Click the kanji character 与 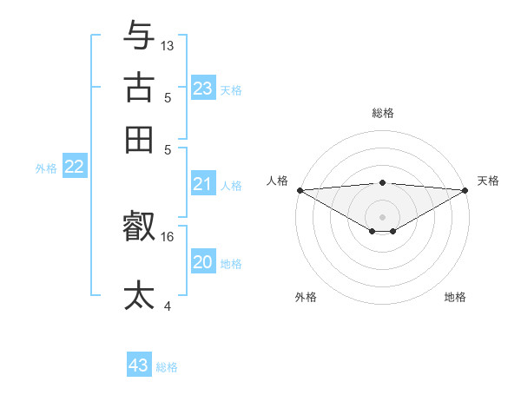pyautogui.click(x=139, y=35)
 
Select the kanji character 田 pyautogui.click(x=139, y=139)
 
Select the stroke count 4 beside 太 pyautogui.click(x=168, y=306)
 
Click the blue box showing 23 pyautogui.click(x=202, y=89)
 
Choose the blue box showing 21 pyautogui.click(x=202, y=184)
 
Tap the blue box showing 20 pyautogui.click(x=202, y=262)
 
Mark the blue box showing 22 pyautogui.click(x=74, y=168)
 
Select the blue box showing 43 pyautogui.click(x=139, y=365)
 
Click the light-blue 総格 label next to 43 pyautogui.click(x=167, y=367)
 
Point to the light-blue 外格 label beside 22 pyautogui.click(x=46, y=168)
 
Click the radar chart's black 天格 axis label pyautogui.click(x=488, y=181)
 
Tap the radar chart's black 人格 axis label pyautogui.click(x=277, y=181)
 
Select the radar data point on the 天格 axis pyautogui.click(x=466, y=190)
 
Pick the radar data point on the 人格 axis pyautogui.click(x=299, y=190)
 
